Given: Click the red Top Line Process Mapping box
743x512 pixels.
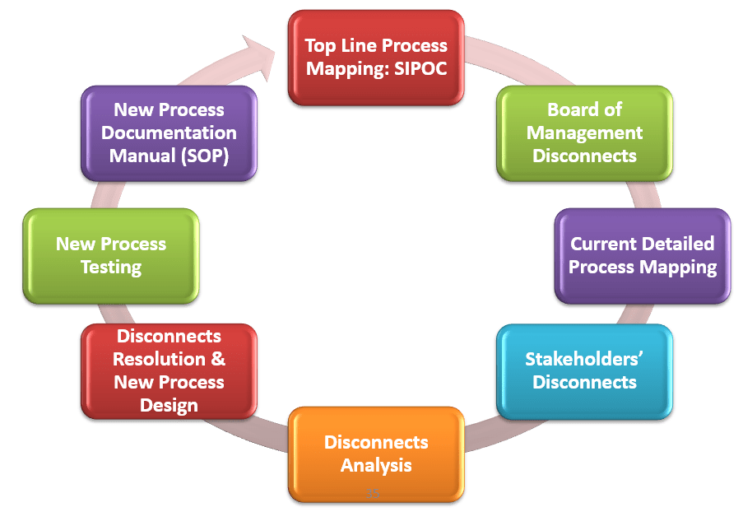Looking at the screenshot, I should coord(376,57).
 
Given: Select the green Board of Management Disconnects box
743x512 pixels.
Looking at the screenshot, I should coord(584,133).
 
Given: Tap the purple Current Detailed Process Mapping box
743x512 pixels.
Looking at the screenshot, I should coord(642,255).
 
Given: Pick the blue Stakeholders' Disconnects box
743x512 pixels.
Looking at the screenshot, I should coord(584,371).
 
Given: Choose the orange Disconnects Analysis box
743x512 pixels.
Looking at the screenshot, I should coord(376,454).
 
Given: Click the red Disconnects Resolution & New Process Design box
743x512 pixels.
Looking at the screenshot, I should coord(169,371).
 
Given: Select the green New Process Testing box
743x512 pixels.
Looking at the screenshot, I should coord(111,255).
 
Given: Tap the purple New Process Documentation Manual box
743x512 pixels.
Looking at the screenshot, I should coord(169,133).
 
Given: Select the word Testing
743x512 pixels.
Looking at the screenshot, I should coord(111,268).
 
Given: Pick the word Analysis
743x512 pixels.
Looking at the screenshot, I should coord(376,466).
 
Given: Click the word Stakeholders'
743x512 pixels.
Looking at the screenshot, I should coord(584,359).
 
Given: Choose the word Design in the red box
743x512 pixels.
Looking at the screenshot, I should coord(169,405).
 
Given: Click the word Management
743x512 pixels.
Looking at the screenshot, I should coord(584,133).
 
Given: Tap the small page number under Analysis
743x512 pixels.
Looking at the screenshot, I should coord(374,493).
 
